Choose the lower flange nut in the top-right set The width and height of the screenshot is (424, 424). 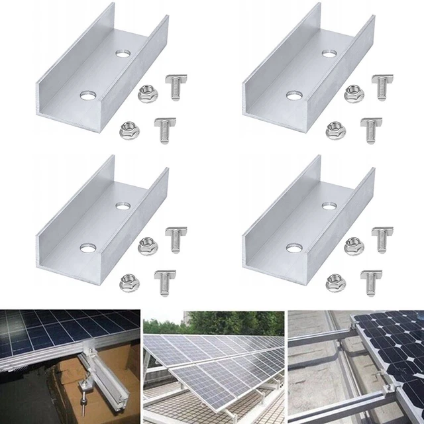335,130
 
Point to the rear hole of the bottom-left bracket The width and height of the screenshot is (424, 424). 121,206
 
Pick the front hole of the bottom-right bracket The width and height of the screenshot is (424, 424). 293,248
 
